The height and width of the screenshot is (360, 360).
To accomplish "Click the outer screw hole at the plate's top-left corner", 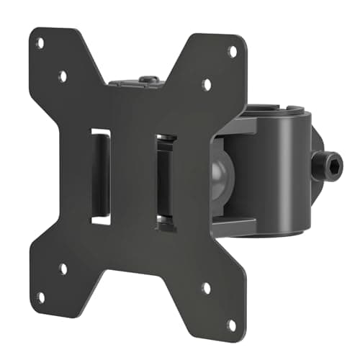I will point(40,43).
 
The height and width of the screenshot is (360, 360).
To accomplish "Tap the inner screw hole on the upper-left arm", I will point(63,75).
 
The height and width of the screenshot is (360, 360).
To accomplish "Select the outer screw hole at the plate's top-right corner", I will point(232,51).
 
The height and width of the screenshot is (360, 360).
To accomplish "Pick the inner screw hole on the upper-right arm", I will point(207,84).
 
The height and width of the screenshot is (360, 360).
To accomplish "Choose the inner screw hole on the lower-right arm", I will point(207,288).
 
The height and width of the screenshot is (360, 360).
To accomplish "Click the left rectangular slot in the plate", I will point(101,176).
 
